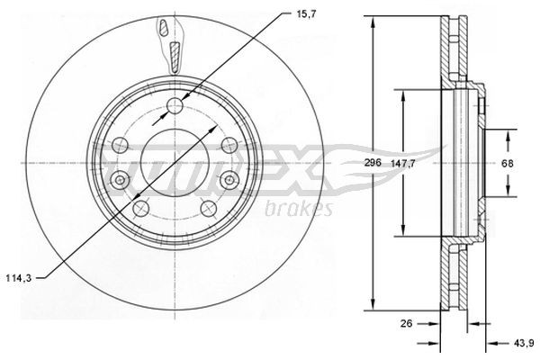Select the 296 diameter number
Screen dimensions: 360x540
coord(359,162)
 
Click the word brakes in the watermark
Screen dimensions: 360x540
coord(300,210)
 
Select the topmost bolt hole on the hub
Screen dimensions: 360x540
coord(175,107)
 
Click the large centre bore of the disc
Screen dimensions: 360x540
coord(174,162)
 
